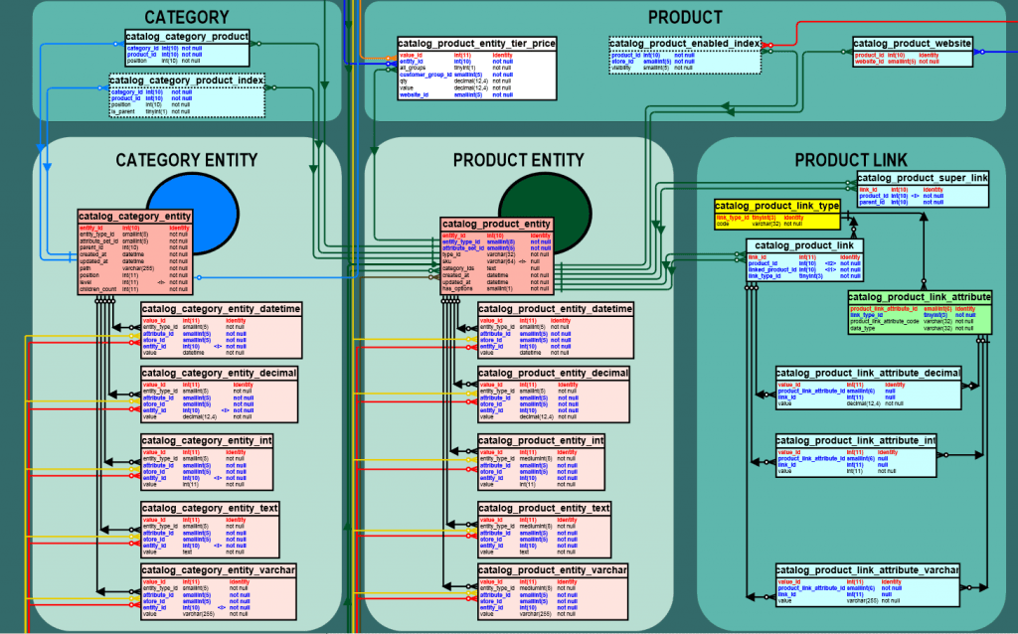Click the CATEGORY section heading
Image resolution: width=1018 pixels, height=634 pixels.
pyautogui.click(x=187, y=17)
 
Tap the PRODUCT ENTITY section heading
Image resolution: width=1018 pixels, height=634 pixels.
pyautogui.click(x=518, y=160)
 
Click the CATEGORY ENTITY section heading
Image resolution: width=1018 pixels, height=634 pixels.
pyautogui.click(x=187, y=160)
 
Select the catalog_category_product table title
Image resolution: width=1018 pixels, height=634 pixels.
pyautogui.click(x=187, y=37)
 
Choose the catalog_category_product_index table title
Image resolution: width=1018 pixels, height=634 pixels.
pyautogui.click(x=187, y=79)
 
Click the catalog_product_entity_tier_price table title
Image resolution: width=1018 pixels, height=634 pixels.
pyautogui.click(x=476, y=44)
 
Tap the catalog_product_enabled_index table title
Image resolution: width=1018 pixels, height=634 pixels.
pyautogui.click(x=685, y=43)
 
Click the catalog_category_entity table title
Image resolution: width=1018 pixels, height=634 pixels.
pyautogui.click(x=135, y=216)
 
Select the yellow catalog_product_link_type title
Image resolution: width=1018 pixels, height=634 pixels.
pyautogui.click(x=777, y=206)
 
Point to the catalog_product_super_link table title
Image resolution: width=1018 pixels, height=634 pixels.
pyautogui.click(x=924, y=178)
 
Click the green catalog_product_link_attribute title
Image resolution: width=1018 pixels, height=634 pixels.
pyautogui.click(x=920, y=297)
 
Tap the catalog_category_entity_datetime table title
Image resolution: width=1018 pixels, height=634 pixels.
pyautogui.click(x=221, y=309)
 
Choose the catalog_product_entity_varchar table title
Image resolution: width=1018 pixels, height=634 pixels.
pyautogui.click(x=555, y=570)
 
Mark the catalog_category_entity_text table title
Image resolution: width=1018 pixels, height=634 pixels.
pyautogui.click(x=210, y=508)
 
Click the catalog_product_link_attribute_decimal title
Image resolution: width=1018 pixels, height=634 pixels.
pyautogui.click(x=868, y=373)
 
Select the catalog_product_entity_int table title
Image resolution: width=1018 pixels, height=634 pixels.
pyautogui.click(x=541, y=440)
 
